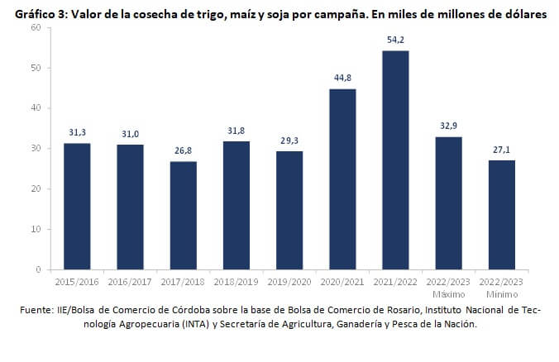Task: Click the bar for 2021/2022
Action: tap(395, 160)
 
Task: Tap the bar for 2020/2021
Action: tap(342, 179)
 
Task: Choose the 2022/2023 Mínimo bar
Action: tap(501, 215)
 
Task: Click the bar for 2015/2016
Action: tap(78, 207)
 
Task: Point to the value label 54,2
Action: tap(395, 40)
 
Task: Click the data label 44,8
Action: tap(342, 78)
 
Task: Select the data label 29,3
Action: tap(289, 141)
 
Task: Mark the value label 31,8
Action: tap(236, 131)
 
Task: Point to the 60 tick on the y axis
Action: tap(36, 28)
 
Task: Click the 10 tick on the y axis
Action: tap(36, 229)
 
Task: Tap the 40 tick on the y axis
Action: tap(36, 108)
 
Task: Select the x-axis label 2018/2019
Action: tap(236, 283)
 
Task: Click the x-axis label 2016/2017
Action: tap(131, 283)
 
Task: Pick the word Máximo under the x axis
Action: tap(448, 294)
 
